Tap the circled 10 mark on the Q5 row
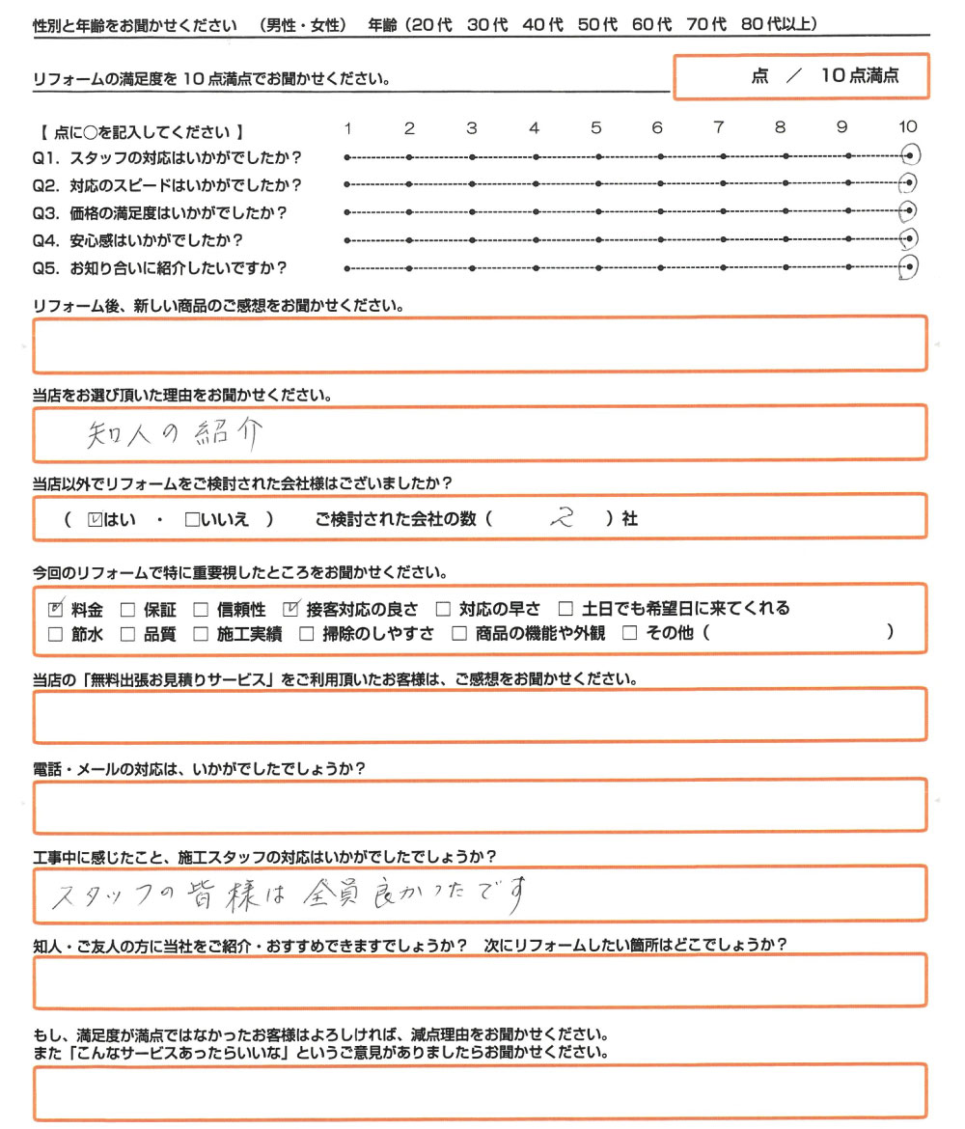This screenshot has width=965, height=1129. click(x=907, y=267)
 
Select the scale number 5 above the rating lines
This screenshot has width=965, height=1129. click(x=596, y=127)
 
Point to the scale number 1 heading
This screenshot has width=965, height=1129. click(x=347, y=127)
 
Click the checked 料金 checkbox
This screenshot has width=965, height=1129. click(x=55, y=609)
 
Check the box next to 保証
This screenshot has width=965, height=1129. click(x=126, y=609)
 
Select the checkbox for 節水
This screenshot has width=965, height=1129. click(x=55, y=634)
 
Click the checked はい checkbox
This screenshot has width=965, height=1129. click(x=94, y=519)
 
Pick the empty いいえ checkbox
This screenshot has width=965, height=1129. click(x=191, y=519)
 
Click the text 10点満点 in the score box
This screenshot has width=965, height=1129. click(x=860, y=76)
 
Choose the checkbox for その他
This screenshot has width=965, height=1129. click(x=630, y=634)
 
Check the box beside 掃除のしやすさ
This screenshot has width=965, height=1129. click(x=306, y=634)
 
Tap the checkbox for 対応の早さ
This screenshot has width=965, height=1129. click(x=443, y=609)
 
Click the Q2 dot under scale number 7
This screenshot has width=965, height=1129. click(x=723, y=184)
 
